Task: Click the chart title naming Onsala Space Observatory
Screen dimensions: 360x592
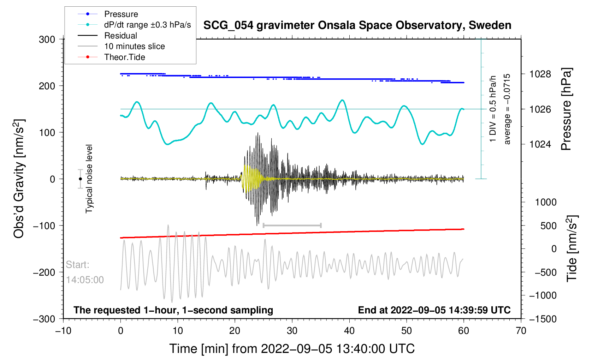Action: click(x=357, y=25)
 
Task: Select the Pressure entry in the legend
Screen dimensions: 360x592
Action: click(x=121, y=14)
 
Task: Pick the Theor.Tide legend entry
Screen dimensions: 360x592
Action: click(x=124, y=57)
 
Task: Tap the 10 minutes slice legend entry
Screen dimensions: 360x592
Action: click(x=134, y=46)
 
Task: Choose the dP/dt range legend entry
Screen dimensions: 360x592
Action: click(x=147, y=25)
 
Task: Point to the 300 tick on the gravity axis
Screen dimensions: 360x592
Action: click(x=47, y=40)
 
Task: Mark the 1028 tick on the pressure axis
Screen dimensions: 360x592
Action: click(x=540, y=74)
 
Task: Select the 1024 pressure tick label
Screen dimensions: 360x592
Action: click(x=540, y=144)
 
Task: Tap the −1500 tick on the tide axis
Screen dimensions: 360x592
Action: click(x=543, y=319)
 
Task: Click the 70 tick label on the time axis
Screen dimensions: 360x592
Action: click(x=521, y=331)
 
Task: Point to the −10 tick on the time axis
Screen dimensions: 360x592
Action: click(x=63, y=331)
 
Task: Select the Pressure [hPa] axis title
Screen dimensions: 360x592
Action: click(x=566, y=109)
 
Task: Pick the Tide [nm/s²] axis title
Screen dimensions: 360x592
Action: click(x=572, y=248)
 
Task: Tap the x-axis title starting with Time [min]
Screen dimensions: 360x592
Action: click(x=292, y=349)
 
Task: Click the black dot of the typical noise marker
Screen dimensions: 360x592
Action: click(x=81, y=179)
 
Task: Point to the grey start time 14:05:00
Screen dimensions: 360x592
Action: click(x=85, y=280)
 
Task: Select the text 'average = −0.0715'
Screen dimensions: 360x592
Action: click(x=507, y=109)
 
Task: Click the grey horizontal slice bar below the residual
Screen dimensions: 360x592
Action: click(x=292, y=225)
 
